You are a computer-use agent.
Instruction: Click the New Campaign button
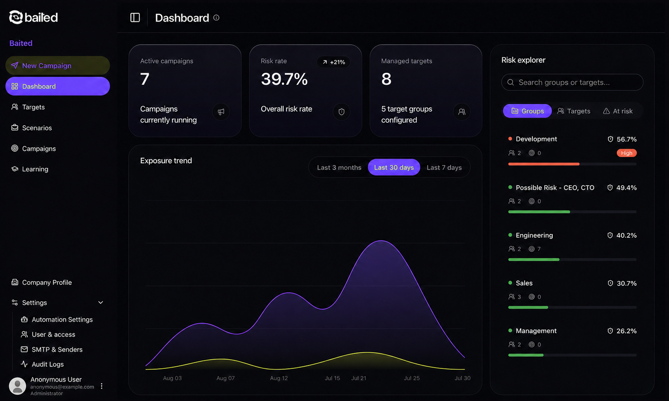pos(58,66)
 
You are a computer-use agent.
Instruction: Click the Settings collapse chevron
pos(101,303)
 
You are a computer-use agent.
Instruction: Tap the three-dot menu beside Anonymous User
pos(102,386)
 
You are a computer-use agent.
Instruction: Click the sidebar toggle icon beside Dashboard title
pos(135,18)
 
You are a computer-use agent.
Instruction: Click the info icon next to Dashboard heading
pos(216,18)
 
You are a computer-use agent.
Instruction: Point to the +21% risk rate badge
pos(333,62)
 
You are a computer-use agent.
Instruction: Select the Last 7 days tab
pos(444,167)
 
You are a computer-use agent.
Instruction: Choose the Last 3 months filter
pos(339,167)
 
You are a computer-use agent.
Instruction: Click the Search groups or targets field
pos(572,82)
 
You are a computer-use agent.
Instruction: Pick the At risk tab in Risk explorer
pos(618,111)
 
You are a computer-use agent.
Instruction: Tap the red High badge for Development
pos(626,153)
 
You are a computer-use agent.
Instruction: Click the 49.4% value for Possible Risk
pos(626,188)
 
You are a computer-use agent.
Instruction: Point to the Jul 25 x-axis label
pos(411,378)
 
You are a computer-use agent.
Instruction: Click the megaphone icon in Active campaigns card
pos(221,112)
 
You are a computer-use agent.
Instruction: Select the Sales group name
pos(524,283)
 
